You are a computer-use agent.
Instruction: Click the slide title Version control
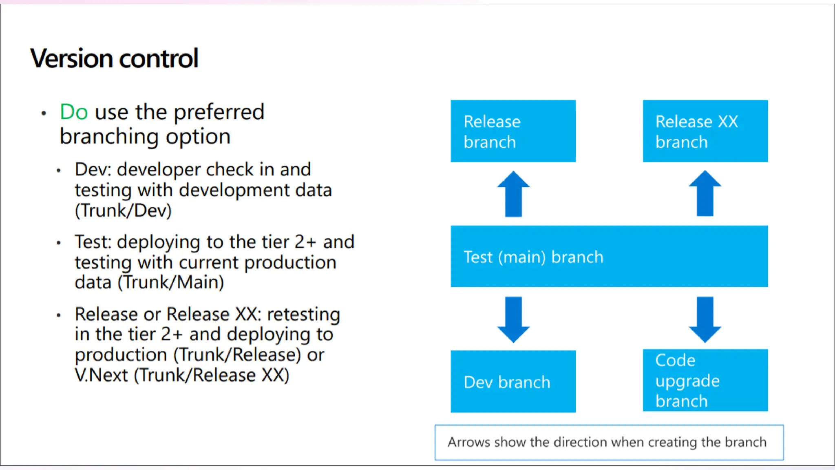coord(114,58)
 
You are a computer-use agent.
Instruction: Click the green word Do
coord(74,112)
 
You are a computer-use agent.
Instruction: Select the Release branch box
coord(513,131)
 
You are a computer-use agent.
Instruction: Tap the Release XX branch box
coord(705,131)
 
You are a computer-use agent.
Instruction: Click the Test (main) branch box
coord(609,256)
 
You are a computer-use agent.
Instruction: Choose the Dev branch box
coord(513,381)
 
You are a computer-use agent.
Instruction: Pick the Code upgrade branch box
coord(705,380)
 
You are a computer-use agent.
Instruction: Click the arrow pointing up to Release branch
coord(513,194)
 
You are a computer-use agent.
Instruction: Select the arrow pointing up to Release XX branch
coord(705,193)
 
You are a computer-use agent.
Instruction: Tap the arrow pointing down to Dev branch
coord(513,319)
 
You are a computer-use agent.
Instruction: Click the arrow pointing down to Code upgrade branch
coord(705,319)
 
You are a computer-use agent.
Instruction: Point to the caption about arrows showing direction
coord(609,442)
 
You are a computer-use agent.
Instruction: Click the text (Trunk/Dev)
coord(123,211)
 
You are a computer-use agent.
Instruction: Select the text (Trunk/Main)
coord(171,282)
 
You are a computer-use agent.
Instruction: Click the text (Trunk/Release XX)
coord(212,375)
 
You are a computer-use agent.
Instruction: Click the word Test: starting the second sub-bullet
coord(93,242)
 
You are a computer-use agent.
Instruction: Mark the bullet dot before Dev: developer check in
coord(59,171)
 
